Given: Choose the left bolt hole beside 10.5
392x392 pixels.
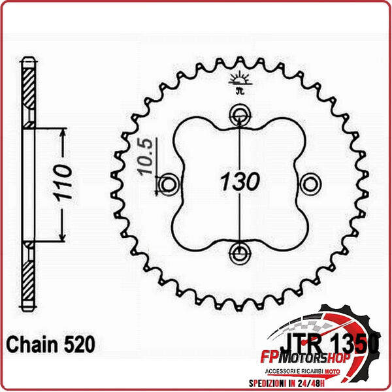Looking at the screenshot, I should coord(169,185).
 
